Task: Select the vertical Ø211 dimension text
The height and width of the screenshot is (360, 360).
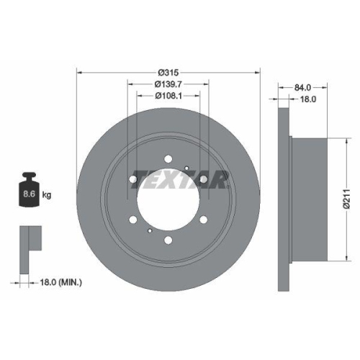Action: pos(346,195)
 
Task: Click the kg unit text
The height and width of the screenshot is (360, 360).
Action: pos(47,195)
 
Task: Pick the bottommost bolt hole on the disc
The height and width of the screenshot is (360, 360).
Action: pos(168,241)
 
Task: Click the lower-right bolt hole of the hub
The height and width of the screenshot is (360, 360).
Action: pos(204,221)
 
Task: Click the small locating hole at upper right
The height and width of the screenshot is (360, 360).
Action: pos(186,168)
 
